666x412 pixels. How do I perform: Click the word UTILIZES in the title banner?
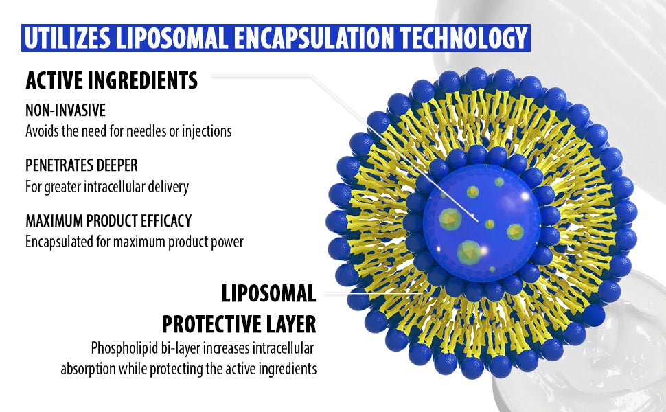67,38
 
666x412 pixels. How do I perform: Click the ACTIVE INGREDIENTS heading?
112,80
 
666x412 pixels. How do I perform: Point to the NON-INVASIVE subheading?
65,111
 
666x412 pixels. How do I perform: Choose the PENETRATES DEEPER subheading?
82,165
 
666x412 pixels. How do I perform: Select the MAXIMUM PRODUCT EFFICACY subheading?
108,220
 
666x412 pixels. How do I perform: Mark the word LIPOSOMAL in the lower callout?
269,293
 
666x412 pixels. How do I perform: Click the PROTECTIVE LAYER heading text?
239,324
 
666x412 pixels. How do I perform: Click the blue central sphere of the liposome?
482,223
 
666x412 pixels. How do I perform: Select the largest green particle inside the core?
470,251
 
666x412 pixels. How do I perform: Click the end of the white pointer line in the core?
478,221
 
